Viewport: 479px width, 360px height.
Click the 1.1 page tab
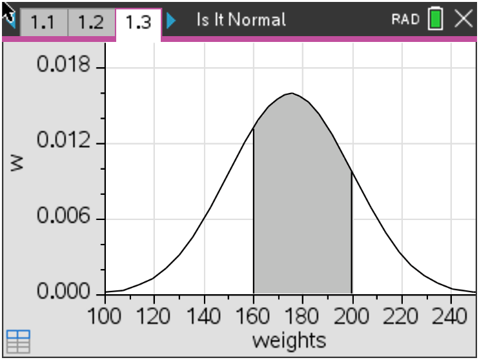tap(43, 22)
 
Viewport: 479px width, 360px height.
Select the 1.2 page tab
tap(90, 22)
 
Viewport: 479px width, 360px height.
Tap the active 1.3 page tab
tap(138, 22)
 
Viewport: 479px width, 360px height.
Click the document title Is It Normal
tap(241, 19)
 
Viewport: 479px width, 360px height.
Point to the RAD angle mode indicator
tap(405, 19)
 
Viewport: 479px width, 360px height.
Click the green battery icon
tap(436, 19)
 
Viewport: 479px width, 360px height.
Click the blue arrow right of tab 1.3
tap(170, 21)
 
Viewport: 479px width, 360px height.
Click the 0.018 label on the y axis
tap(63, 66)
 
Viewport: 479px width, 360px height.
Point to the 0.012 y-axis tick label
tap(63, 143)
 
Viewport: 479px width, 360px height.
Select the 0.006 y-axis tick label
tap(63, 218)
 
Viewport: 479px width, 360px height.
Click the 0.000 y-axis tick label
tap(63, 294)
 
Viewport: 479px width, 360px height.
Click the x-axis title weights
tap(289, 339)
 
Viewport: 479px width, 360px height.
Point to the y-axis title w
tap(17, 163)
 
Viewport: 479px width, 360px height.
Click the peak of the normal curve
tap(291, 94)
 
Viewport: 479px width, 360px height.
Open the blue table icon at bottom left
tap(18, 341)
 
